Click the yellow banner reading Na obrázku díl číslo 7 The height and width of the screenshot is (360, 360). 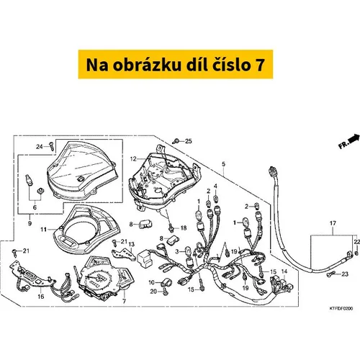[x=176, y=64]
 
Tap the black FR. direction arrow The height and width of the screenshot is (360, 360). [x=354, y=139]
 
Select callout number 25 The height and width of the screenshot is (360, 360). [x=189, y=141]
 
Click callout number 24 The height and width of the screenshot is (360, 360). [x=40, y=147]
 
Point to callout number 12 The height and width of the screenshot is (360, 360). [x=133, y=159]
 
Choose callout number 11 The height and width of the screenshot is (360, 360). [x=43, y=230]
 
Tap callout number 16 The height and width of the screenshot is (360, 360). [x=41, y=297]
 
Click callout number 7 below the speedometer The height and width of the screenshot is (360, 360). [x=124, y=301]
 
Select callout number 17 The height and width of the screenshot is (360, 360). [x=333, y=223]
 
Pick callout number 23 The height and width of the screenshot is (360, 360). [x=345, y=274]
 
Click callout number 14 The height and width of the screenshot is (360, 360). [x=284, y=271]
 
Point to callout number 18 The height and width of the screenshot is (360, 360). [x=184, y=228]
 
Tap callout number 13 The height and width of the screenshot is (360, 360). [x=132, y=244]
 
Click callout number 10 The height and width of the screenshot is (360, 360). [x=151, y=282]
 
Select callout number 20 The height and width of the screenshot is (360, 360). [x=153, y=292]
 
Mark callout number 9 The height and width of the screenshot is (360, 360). [x=30, y=223]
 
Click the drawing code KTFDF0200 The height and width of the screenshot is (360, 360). [x=341, y=308]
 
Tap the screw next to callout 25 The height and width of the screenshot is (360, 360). [x=176, y=141]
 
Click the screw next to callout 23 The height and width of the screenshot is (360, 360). [x=330, y=274]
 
